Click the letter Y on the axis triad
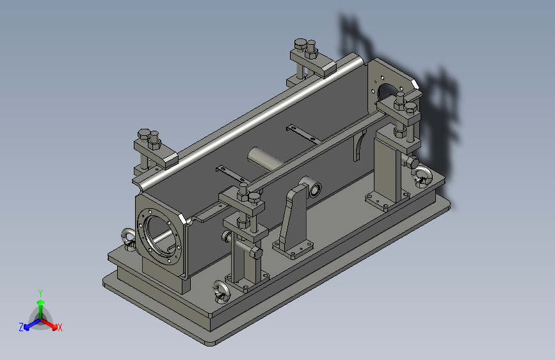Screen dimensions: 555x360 pyautogui.click(x=40, y=293)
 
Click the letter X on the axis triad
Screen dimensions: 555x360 pyautogui.click(x=60, y=327)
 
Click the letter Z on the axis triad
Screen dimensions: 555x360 pyautogui.click(x=21, y=327)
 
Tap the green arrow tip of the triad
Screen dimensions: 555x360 pyautogui.click(x=41, y=302)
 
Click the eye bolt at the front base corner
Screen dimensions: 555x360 pyautogui.click(x=221, y=291)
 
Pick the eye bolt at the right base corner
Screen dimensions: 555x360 pyautogui.click(x=422, y=176)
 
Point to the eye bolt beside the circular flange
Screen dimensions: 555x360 pyautogui.click(x=128, y=239)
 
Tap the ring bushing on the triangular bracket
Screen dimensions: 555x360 pyautogui.click(x=315, y=190)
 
